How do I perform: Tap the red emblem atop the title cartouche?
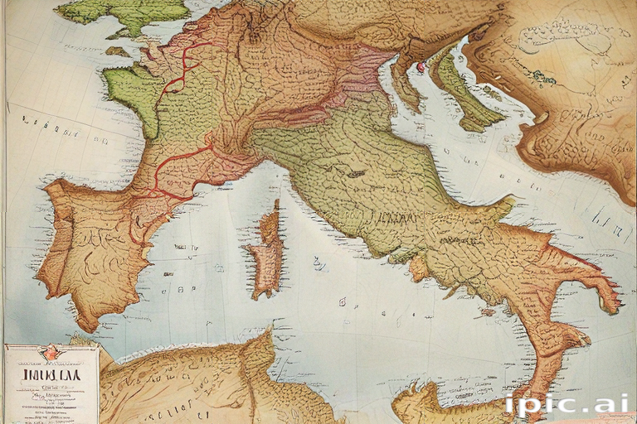coord(51,352)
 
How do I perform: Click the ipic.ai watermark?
coord(564,405)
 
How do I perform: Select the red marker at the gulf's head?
coord(421,66)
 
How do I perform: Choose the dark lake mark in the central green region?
coord(357,174)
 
